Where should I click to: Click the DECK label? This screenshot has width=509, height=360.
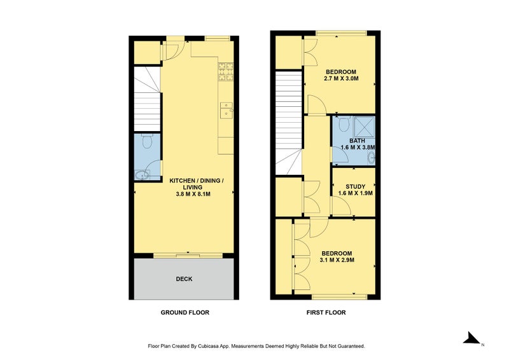[x=184, y=279]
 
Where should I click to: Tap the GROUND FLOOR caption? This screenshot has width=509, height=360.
[x=185, y=312]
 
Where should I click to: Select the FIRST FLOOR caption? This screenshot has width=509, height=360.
[x=326, y=312]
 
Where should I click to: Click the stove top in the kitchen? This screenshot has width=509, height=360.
[x=226, y=71]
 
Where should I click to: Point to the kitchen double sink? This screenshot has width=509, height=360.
[x=226, y=110]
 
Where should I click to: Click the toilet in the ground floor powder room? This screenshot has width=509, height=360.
[x=148, y=141]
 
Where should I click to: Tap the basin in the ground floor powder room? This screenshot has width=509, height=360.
[x=141, y=176]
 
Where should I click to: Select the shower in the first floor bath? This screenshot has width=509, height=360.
[x=364, y=127]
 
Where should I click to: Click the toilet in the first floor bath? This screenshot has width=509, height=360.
[x=344, y=123]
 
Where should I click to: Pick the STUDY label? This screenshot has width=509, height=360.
[x=356, y=186]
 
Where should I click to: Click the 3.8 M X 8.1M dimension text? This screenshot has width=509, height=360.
[x=193, y=194]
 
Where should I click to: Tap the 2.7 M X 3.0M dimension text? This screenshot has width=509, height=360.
[x=341, y=79]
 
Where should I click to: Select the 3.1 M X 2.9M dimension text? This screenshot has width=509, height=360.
[x=337, y=260]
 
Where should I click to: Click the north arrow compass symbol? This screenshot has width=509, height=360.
[x=471, y=338]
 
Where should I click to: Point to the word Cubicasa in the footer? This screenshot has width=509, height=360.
[x=207, y=347]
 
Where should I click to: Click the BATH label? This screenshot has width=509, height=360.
[x=357, y=141]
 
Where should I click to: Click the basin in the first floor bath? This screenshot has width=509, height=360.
[x=371, y=158]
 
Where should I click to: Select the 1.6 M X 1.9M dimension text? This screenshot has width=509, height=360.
[x=356, y=193]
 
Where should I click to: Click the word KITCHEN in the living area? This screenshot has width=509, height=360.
[x=183, y=181]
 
